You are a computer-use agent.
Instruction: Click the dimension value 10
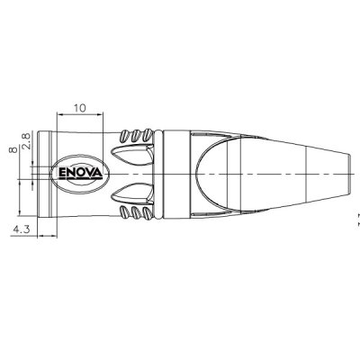pyautogui.click(x=81, y=107)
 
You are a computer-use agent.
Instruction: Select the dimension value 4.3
pyautogui.click(x=22, y=229)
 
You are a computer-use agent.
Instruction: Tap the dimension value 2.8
pyautogui.click(x=28, y=141)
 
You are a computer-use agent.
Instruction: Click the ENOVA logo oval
pyautogui.click(x=82, y=171)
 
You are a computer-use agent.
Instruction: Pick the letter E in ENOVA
pyautogui.click(x=64, y=171)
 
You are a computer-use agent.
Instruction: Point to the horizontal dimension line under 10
pyautogui.click(x=81, y=115)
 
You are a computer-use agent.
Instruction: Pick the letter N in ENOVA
pyautogui.click(x=72, y=171)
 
